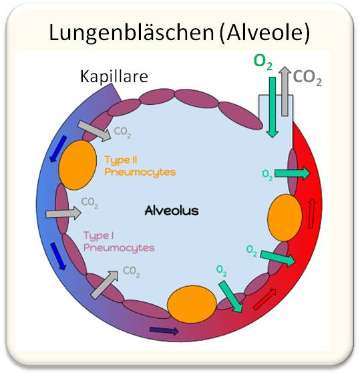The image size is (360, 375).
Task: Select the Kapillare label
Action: coord(114,76)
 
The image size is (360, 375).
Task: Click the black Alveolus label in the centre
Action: coord(172,211)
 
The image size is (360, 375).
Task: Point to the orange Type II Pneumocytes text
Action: coord(140,166)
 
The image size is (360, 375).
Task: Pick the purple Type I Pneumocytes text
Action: coord(119,242)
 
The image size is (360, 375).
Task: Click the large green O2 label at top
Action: coord(262,61)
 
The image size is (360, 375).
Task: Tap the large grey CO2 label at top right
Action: coord(307,78)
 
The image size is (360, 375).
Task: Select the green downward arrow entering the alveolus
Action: coord(273,107)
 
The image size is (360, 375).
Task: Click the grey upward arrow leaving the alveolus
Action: coord(285,91)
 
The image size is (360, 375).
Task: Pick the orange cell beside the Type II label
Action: coord(78,165)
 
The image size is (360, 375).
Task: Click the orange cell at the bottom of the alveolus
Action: coord(192,304)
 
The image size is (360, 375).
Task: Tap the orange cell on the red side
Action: coord(285,218)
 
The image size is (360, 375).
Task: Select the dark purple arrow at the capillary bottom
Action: coord(164,331)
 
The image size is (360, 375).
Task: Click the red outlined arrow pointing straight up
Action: coord(312,214)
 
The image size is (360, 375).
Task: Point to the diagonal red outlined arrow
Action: coord(264,299)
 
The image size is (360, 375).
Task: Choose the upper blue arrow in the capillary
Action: coord(59,149)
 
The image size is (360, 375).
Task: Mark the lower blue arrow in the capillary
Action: coord(58,256)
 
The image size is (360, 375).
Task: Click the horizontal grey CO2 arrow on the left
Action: coord(63,213)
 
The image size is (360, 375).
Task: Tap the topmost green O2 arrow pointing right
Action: coord(292,173)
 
